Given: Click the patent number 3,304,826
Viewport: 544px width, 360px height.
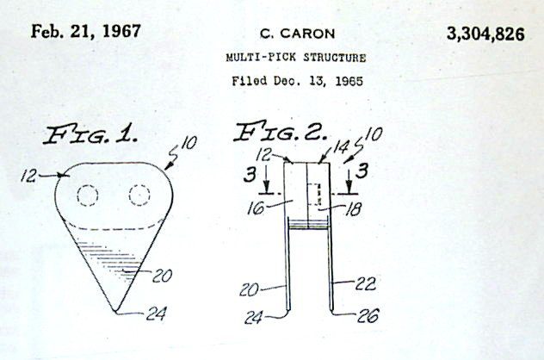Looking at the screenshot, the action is click(x=485, y=34).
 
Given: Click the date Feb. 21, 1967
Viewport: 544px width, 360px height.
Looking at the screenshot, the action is click(x=86, y=31).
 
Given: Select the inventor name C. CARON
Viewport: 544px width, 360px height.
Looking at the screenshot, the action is click(x=297, y=34).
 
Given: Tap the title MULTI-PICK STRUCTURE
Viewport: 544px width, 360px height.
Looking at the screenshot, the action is click(x=296, y=58).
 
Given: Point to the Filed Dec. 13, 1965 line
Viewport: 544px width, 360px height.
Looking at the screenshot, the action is click(x=297, y=81).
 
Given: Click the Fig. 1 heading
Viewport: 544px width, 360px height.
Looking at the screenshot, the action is click(x=90, y=134).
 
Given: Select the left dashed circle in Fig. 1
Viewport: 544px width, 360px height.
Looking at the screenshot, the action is click(x=88, y=196).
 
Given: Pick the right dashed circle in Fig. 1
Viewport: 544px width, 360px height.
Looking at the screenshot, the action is click(x=139, y=196).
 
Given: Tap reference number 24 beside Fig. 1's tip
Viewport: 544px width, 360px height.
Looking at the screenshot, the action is click(x=156, y=313).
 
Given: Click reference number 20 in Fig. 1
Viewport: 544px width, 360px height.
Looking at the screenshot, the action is click(x=162, y=276).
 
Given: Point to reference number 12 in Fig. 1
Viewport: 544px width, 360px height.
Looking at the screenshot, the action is click(x=28, y=176).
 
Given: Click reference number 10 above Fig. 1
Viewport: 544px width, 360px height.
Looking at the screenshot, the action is click(x=189, y=142).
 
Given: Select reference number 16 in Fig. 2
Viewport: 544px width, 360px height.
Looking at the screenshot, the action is click(x=256, y=208).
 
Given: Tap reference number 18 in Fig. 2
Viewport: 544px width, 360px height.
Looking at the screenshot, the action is click(x=353, y=209).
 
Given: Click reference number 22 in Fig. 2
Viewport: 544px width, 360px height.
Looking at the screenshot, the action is click(x=365, y=284).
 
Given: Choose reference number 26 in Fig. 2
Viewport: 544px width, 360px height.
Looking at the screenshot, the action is click(x=368, y=315).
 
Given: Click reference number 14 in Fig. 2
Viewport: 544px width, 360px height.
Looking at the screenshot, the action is click(x=341, y=147).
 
